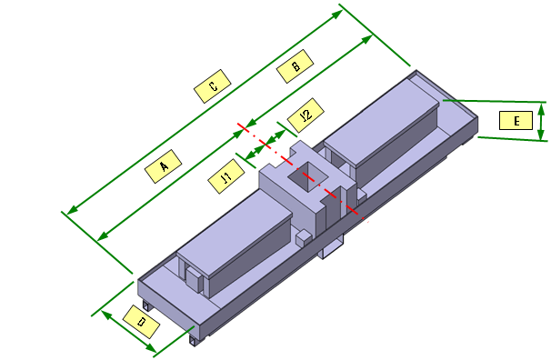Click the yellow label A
tap(163, 166)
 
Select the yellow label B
tap(296, 66)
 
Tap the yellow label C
tap(213, 86)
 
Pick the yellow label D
tap(141, 322)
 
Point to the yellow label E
tap(516, 121)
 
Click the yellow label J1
tap(226, 176)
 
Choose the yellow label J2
tap(306, 115)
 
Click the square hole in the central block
tap(308, 176)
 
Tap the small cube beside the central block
tap(304, 239)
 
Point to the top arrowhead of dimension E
tap(542, 109)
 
